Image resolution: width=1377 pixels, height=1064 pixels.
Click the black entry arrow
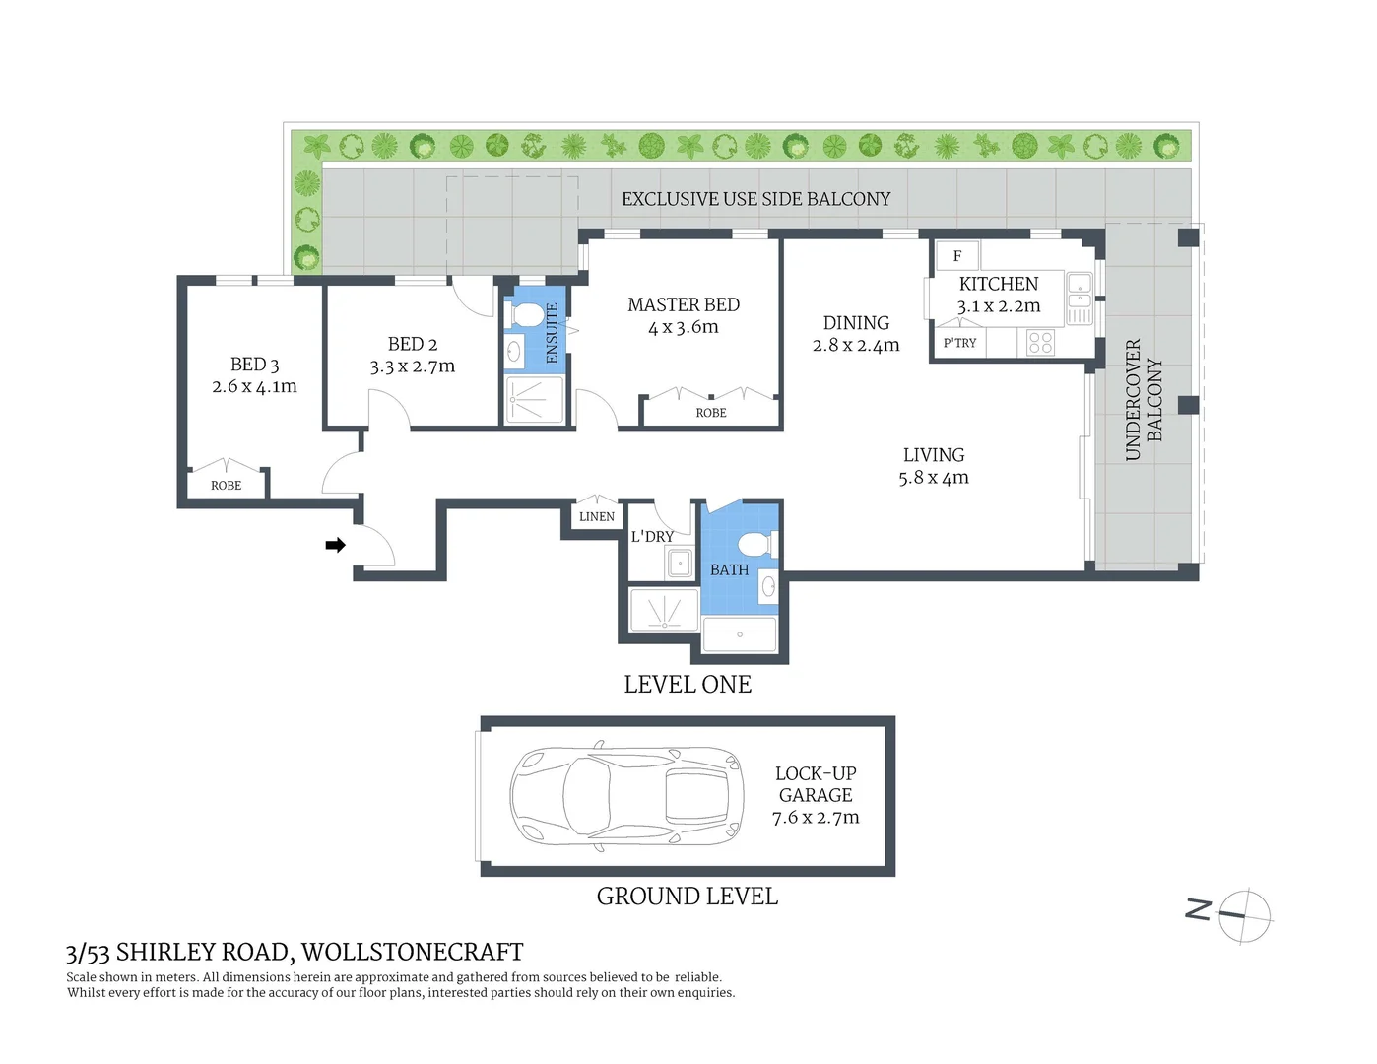(x=335, y=545)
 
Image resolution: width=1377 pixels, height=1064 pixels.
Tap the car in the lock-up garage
(x=626, y=795)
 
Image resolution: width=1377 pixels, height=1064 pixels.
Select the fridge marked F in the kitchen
(x=957, y=256)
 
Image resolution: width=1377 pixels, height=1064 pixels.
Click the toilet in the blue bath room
(x=757, y=545)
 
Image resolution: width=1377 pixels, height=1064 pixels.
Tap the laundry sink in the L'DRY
(x=680, y=563)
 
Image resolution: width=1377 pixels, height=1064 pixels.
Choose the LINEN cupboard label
(x=596, y=517)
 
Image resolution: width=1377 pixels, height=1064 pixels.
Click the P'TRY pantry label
(x=959, y=343)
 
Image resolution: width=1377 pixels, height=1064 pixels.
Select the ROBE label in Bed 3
(x=227, y=486)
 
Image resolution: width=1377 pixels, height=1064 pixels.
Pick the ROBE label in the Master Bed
(x=711, y=413)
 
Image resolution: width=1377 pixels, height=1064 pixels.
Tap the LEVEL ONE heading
(x=688, y=685)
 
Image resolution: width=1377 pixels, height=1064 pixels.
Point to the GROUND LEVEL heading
(x=687, y=897)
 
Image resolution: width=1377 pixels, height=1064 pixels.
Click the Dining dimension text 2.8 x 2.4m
(x=856, y=346)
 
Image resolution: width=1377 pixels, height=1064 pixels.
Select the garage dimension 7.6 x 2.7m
(x=816, y=818)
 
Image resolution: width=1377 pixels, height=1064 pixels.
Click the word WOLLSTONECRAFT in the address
(x=413, y=952)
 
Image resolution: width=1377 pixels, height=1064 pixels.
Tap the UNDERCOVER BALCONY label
(x=1144, y=400)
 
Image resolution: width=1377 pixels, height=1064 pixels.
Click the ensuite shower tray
(x=534, y=401)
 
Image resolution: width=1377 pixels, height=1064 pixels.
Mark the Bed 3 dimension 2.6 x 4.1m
(x=254, y=386)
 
